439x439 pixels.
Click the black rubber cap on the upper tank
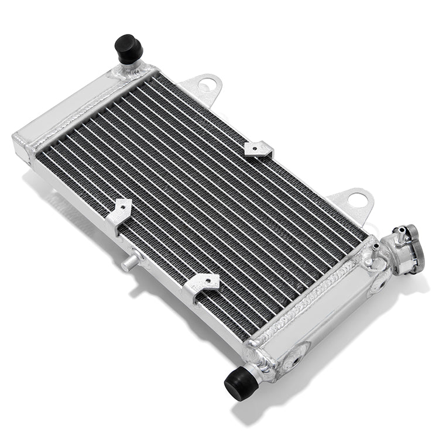[x=128, y=49]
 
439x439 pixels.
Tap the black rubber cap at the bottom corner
[x=241, y=383]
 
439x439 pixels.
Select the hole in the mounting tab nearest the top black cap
[x=205, y=85]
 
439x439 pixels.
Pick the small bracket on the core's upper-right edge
[x=259, y=149]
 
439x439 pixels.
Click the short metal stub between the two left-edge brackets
[x=130, y=261]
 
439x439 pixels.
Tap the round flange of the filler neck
[x=413, y=249]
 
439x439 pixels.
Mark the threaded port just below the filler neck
[x=378, y=283]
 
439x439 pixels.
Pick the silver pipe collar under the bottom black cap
[x=258, y=369]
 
